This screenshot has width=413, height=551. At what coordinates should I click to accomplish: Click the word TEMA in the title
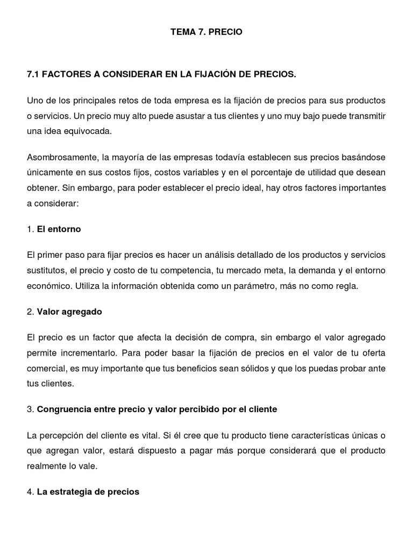click(x=182, y=32)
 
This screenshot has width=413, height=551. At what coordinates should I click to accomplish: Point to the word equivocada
click(x=92, y=131)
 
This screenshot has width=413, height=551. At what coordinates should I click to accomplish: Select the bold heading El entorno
click(x=59, y=229)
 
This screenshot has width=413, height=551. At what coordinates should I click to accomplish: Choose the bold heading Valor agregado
click(x=69, y=312)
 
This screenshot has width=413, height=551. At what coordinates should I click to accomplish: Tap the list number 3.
click(x=30, y=409)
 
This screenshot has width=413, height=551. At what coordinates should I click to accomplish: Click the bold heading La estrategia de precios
click(x=88, y=491)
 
